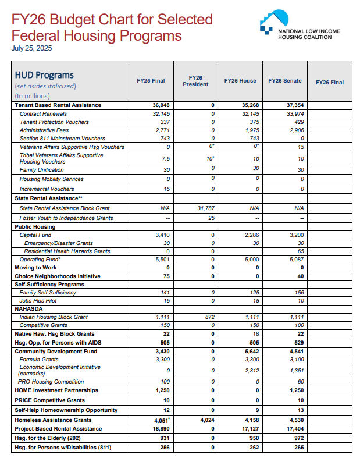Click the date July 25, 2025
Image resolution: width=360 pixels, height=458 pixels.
coord(31,48)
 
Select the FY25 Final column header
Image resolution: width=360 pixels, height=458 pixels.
coord(151,81)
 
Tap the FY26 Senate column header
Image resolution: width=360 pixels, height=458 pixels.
coord(285,81)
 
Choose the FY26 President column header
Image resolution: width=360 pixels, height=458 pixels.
coord(195,81)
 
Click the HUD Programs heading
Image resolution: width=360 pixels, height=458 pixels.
coord(44,75)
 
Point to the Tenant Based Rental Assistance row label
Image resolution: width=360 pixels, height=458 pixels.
coord(58,105)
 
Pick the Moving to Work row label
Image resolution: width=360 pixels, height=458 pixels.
coord(36,268)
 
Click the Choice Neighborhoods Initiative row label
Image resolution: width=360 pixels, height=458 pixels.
coord(57,276)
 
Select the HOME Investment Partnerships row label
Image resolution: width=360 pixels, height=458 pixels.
coord(56,390)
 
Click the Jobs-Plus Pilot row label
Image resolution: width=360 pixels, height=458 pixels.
coord(40,301)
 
